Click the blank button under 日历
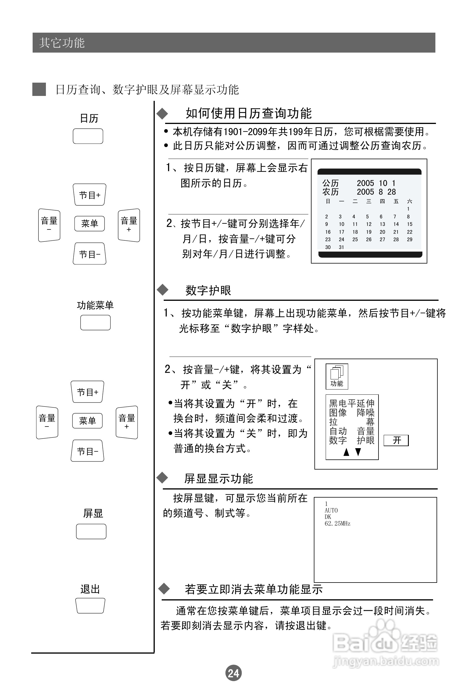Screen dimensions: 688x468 pyautogui.click(x=88, y=136)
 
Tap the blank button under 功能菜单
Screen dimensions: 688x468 pyautogui.click(x=95, y=322)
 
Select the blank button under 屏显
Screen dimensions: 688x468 pyautogui.click(x=91, y=531)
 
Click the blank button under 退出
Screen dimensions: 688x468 pyautogui.click(x=90, y=605)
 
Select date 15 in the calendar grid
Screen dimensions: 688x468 pyautogui.click(x=410, y=225)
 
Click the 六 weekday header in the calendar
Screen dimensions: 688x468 pyautogui.click(x=410, y=202)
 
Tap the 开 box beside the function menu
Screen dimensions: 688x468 pyautogui.click(x=396, y=440)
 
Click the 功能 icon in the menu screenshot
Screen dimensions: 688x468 pyautogui.click(x=337, y=376)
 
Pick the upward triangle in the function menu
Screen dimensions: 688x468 pyautogui.click(x=346, y=452)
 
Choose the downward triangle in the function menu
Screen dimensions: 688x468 pyautogui.click(x=358, y=452)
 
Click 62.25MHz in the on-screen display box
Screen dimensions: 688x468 pyautogui.click(x=337, y=524)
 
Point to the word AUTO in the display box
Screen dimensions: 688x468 pyautogui.click(x=331, y=510)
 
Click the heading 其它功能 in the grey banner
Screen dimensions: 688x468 pyautogui.click(x=62, y=43)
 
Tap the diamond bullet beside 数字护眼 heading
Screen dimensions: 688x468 pyautogui.click(x=163, y=290)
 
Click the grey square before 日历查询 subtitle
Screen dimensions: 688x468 pyautogui.click(x=39, y=89)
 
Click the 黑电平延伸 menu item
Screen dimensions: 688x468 pyautogui.click(x=352, y=403)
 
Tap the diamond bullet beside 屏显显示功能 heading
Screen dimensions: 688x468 pyautogui.click(x=162, y=478)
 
